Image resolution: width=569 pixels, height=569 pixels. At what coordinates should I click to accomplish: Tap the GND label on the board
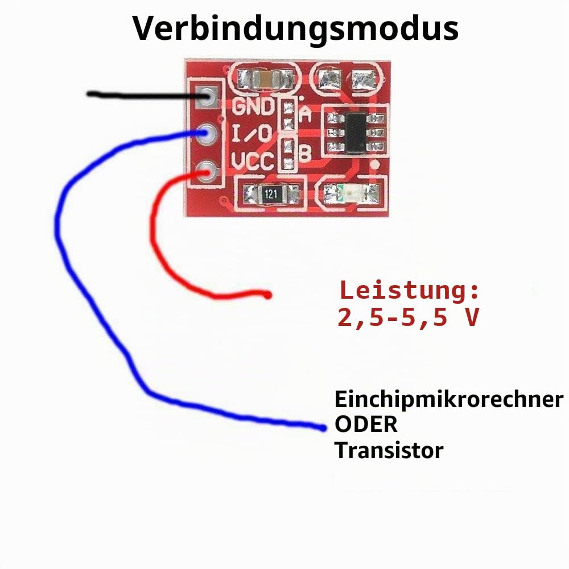(x=253, y=106)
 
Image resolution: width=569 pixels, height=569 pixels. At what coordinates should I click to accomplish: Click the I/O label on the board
(x=251, y=134)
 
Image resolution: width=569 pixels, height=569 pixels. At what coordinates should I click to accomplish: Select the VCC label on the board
(x=253, y=161)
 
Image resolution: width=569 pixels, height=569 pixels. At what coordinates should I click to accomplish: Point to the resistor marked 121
(x=271, y=193)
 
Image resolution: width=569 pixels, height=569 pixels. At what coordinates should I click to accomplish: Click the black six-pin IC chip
(x=357, y=133)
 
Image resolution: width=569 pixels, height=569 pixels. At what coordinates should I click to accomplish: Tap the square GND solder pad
(x=208, y=97)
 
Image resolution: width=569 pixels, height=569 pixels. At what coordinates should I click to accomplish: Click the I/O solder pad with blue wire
(x=207, y=134)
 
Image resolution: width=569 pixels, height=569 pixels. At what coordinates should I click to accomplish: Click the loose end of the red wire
(x=268, y=295)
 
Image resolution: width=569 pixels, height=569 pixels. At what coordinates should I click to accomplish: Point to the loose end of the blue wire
(x=323, y=428)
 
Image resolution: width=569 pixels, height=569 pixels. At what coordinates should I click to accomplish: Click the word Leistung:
(x=410, y=291)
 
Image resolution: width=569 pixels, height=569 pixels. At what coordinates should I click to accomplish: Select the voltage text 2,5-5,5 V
(x=409, y=318)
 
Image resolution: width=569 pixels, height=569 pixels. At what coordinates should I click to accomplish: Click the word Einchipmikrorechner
(x=449, y=399)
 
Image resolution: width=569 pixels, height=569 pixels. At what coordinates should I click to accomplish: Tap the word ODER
(x=366, y=424)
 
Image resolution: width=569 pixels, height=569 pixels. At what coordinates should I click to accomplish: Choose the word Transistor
(x=389, y=450)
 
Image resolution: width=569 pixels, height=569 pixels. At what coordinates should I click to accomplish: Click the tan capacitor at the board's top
(x=266, y=79)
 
